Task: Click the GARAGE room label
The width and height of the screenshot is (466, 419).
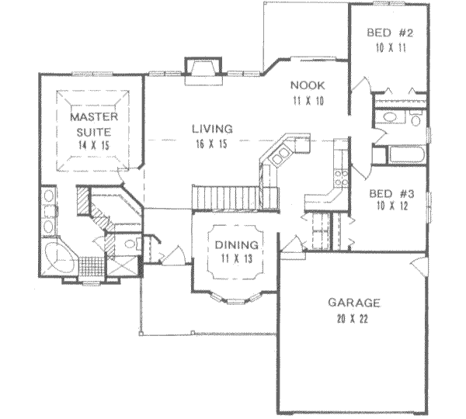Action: [x=353, y=303]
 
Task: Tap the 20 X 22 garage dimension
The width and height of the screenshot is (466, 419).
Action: [x=353, y=319]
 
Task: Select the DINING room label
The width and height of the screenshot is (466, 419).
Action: [x=237, y=245]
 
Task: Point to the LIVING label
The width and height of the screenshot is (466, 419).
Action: [x=212, y=129]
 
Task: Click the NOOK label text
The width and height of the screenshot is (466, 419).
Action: [x=308, y=85]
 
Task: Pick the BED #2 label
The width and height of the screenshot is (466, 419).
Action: [x=390, y=33]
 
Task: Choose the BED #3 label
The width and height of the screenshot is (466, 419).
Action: [x=391, y=194]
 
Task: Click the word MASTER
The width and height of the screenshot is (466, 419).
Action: [x=94, y=116]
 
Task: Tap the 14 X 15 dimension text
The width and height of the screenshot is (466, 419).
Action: [x=94, y=145]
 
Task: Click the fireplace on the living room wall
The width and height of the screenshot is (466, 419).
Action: [x=203, y=71]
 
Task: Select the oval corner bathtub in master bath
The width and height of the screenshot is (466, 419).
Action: [x=60, y=257]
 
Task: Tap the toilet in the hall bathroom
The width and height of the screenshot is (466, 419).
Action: [x=416, y=119]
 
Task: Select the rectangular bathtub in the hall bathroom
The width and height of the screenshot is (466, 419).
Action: [x=406, y=154]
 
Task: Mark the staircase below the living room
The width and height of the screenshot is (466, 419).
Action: [x=226, y=198]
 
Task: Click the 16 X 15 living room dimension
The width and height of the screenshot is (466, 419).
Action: [x=211, y=144]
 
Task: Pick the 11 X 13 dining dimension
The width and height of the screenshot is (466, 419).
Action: [x=237, y=259]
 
